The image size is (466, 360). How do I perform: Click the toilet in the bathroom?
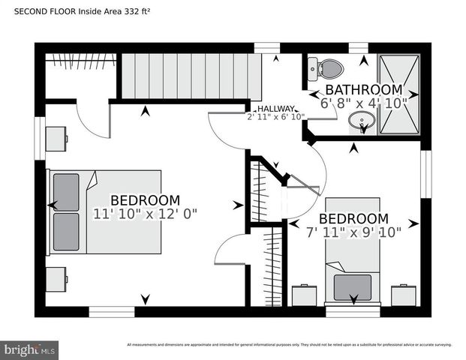329,70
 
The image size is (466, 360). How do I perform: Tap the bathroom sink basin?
363,121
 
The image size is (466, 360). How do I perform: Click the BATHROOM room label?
364,90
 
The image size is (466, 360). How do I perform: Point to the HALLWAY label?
275,108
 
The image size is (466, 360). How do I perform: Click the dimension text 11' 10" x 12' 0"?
145,214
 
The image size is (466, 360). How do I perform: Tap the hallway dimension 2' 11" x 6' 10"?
275,116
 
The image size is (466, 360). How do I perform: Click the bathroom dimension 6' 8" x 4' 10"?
364,103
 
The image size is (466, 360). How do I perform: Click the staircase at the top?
191,75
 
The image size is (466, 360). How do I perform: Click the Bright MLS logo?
30,349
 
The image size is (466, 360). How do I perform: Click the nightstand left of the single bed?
304,295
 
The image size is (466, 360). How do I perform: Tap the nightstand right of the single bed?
404,295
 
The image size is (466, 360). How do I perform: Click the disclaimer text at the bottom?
289,344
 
